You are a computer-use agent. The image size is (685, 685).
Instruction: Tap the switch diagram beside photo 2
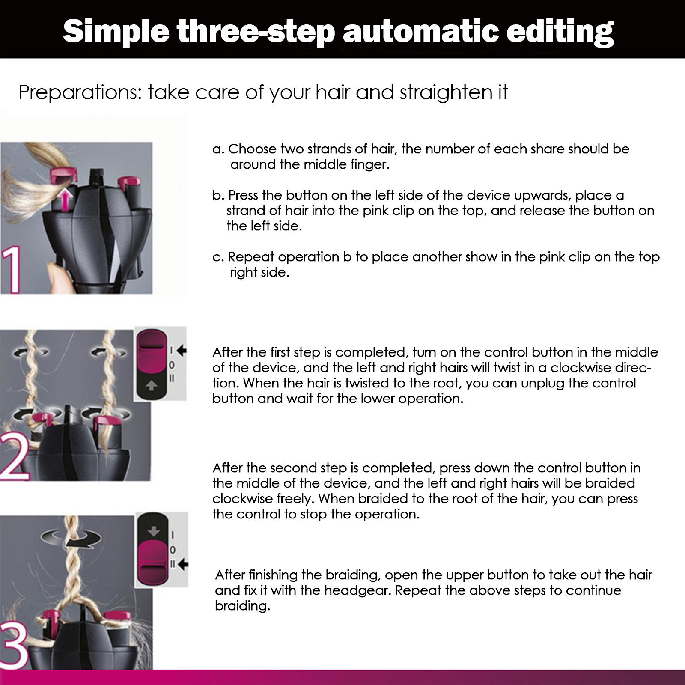[160, 364]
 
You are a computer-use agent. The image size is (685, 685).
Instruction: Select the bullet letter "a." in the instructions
[218, 149]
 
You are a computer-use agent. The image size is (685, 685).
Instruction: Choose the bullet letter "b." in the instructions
[218, 195]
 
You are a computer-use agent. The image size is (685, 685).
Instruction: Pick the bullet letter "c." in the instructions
[218, 257]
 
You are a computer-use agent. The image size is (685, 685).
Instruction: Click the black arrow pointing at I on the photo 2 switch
[182, 351]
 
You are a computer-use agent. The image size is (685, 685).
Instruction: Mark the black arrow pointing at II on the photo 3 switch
[183, 564]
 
